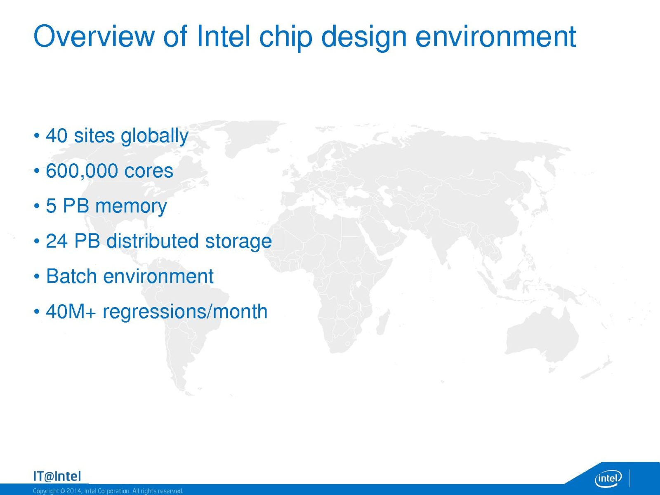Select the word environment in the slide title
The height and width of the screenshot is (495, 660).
pyautogui.click(x=495, y=37)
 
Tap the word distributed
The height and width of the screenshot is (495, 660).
pyautogui.click(x=153, y=241)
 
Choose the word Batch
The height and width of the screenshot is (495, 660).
pyautogui.click(x=71, y=276)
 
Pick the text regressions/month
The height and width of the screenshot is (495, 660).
pyautogui.click(x=185, y=311)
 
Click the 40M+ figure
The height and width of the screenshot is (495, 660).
pyautogui.click(x=71, y=311)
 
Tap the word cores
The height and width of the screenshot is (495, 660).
pyautogui.click(x=149, y=171)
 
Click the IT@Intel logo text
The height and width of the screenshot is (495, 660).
pyautogui.click(x=57, y=476)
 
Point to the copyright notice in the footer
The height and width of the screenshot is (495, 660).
pyautogui.click(x=108, y=491)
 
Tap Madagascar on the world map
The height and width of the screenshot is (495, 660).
pyautogui.click(x=383, y=322)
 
